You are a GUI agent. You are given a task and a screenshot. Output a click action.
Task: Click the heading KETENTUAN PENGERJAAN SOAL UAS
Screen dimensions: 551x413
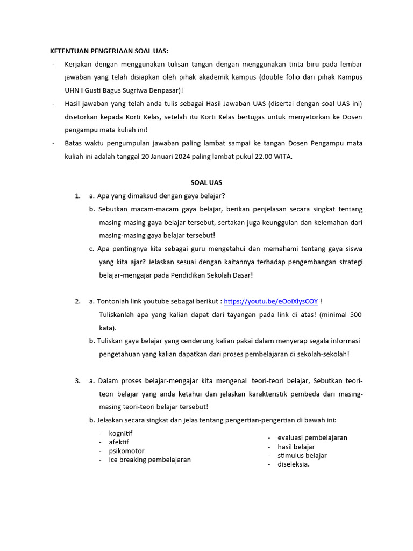click(x=109, y=51)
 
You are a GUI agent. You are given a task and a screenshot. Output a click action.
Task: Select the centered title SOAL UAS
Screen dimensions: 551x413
click(x=206, y=182)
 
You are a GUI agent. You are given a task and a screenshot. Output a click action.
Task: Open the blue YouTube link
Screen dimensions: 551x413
click(x=270, y=301)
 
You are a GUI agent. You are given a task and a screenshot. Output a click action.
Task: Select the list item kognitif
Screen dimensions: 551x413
click(x=120, y=434)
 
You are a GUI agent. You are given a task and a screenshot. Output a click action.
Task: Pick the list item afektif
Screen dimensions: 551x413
click(x=119, y=442)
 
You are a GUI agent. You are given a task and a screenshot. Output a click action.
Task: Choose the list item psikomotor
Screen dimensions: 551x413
click(x=126, y=451)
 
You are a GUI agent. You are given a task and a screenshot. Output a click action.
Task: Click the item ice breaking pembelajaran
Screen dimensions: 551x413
click(x=149, y=460)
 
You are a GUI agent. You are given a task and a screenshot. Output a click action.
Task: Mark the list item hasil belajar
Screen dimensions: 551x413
click(x=296, y=447)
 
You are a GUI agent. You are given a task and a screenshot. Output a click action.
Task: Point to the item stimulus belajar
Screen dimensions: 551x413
click(x=302, y=455)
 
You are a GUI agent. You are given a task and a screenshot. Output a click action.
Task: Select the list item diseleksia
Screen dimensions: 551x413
click(x=293, y=464)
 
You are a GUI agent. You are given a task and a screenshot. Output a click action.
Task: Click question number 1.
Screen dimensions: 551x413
click(x=77, y=196)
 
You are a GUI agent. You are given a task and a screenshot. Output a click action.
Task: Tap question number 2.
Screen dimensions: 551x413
click(x=77, y=301)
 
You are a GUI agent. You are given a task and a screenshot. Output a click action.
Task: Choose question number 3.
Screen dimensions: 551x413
click(x=77, y=380)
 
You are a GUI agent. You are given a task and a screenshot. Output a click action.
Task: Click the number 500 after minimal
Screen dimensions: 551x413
click(x=355, y=314)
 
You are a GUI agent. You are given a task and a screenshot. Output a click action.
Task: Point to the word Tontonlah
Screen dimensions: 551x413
click(x=114, y=301)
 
